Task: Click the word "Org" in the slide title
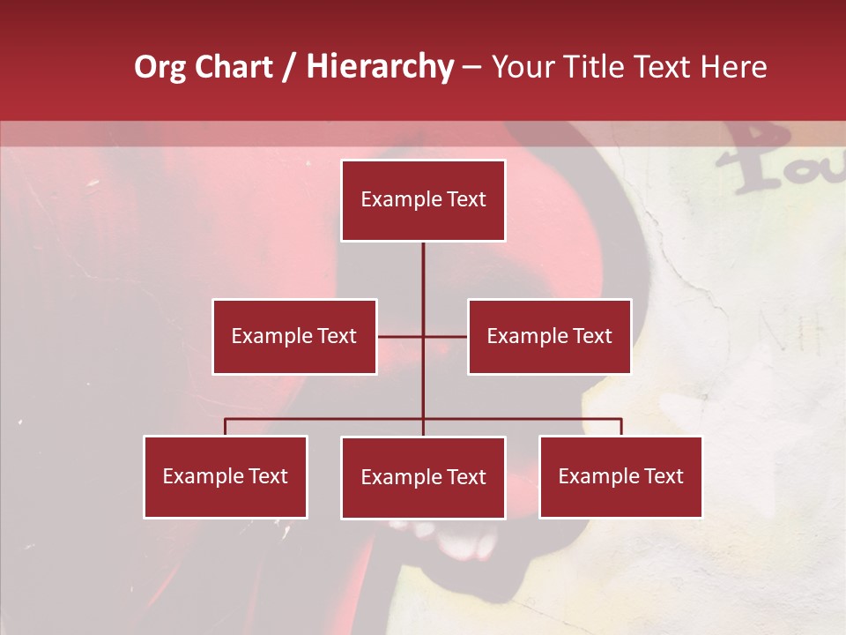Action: click(x=160, y=68)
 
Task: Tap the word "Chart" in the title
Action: click(x=230, y=67)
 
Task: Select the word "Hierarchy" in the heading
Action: click(x=380, y=68)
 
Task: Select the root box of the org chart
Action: click(x=423, y=200)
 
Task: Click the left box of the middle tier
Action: click(x=294, y=336)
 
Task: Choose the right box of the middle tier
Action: click(x=549, y=336)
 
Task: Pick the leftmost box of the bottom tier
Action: click(x=226, y=476)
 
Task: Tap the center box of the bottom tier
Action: click(x=423, y=477)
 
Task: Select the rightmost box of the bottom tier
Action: click(x=621, y=476)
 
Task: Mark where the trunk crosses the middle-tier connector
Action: click(x=423, y=336)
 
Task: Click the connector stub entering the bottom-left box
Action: click(x=226, y=427)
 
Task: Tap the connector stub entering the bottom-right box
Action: click(x=621, y=427)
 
